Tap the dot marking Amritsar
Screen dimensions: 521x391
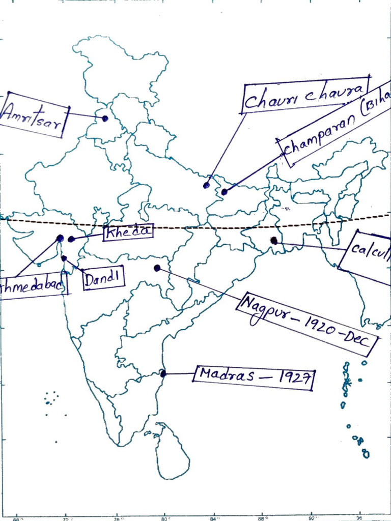[105, 119]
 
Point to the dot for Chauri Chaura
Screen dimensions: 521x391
[206, 185]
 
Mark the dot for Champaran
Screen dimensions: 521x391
[224, 192]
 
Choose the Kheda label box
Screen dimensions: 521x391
[128, 232]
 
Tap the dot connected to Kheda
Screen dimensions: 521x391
[71, 239]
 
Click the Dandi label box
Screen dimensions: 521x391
[103, 278]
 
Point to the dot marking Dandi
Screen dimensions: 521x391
[64, 258]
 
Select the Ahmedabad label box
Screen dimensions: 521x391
[33, 287]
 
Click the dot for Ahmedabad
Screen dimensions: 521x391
[60, 238]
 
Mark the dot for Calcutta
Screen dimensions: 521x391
[274, 240]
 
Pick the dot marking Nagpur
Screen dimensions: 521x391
[157, 268]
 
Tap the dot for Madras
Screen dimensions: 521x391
[163, 373]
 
